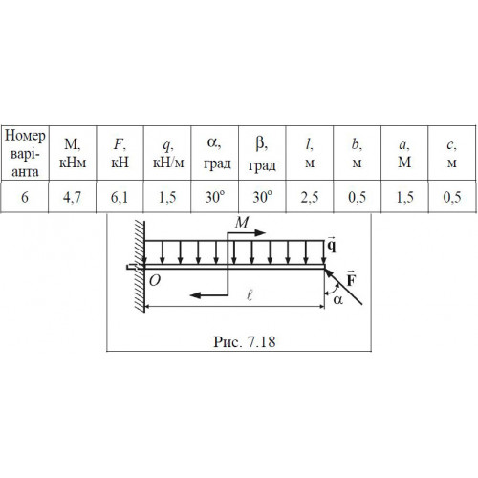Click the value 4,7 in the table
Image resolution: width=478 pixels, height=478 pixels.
tap(72, 197)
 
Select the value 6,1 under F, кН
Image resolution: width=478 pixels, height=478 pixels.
tap(119, 197)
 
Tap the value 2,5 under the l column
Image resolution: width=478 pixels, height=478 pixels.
tap(310, 197)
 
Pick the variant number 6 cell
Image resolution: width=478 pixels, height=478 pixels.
tap(25, 197)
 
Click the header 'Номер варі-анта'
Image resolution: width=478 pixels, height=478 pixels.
tap(25, 154)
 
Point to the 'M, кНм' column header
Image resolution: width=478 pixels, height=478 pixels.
tap(73, 154)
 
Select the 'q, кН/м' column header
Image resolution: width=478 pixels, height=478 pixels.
tap(168, 154)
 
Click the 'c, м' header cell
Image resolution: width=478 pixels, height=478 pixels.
tap(451, 154)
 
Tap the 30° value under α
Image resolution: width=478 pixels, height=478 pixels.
tap(215, 197)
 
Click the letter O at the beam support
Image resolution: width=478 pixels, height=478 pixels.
tap(155, 281)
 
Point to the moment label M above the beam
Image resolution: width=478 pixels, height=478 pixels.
tap(242, 222)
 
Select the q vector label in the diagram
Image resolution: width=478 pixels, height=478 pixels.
tap(332, 245)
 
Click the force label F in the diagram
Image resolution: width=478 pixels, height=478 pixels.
tap(351, 279)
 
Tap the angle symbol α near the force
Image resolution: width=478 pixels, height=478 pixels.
tap(337, 299)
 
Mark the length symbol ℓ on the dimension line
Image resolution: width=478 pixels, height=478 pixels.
tap(250, 295)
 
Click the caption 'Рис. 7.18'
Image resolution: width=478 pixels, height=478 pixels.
tap(245, 342)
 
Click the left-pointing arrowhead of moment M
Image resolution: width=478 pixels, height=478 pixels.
tap(195, 295)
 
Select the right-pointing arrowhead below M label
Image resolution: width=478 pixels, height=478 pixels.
tap(260, 233)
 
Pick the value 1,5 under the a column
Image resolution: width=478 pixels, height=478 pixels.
tap(404, 197)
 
